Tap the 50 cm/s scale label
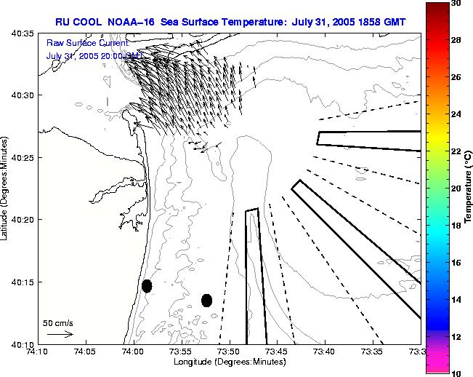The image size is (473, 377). pos(57,322)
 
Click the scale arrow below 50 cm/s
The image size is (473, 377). pos(60,334)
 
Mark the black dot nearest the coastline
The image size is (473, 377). pos(147,286)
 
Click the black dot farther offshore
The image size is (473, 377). pos(206,300)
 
